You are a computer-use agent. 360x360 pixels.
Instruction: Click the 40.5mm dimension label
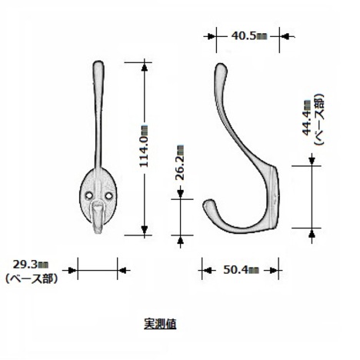(x=249, y=36)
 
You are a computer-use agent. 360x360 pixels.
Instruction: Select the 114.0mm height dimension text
(x=144, y=145)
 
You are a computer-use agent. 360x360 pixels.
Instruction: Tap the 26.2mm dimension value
(x=181, y=163)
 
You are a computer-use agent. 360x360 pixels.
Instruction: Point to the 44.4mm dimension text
(x=307, y=118)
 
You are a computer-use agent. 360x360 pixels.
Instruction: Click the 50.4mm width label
(x=241, y=270)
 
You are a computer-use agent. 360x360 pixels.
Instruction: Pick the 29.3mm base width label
(x=31, y=265)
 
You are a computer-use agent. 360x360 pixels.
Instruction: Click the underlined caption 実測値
(x=160, y=324)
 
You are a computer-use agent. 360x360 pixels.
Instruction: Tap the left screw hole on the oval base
(x=89, y=195)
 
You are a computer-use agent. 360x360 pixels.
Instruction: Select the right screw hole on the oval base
(x=109, y=195)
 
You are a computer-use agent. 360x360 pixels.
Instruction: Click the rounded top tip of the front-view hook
(x=98, y=62)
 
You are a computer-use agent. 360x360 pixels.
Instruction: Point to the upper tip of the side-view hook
(x=220, y=65)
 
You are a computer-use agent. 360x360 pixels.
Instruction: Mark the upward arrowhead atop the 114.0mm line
(x=145, y=66)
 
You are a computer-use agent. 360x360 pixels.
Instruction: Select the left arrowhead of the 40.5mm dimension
(x=211, y=36)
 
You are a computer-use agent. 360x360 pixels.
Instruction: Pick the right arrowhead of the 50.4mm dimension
(x=274, y=270)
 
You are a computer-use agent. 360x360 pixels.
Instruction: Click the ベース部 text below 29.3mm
(x=32, y=278)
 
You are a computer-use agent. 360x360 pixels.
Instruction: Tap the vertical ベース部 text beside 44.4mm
(x=319, y=120)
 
